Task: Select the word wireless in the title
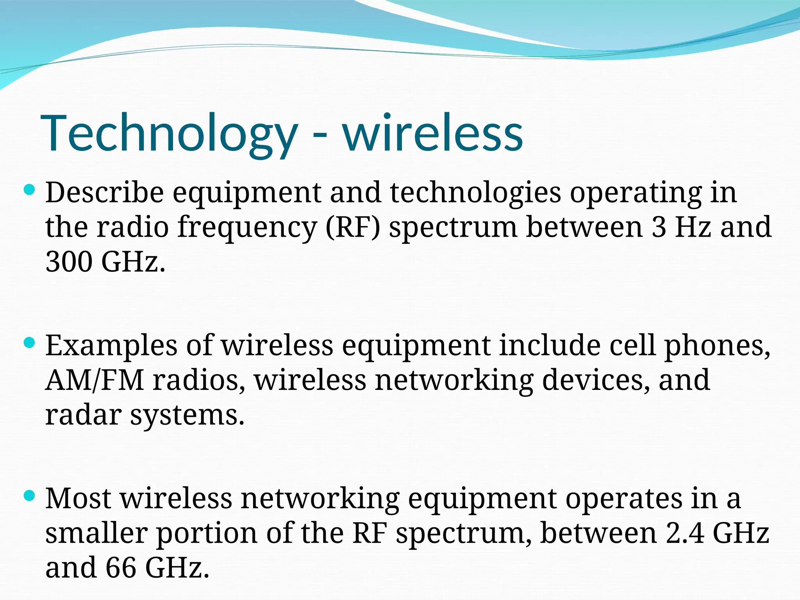pos(433,133)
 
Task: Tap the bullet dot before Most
pos(29,496)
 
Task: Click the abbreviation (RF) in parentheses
pos(353,227)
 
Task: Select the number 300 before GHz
pos(69,261)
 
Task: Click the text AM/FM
pos(95,380)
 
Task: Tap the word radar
pos(83,414)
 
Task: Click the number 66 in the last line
pos(121,568)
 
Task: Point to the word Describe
pos(104,193)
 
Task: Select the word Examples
pos(111,346)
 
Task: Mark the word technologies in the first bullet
pos(475,193)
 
